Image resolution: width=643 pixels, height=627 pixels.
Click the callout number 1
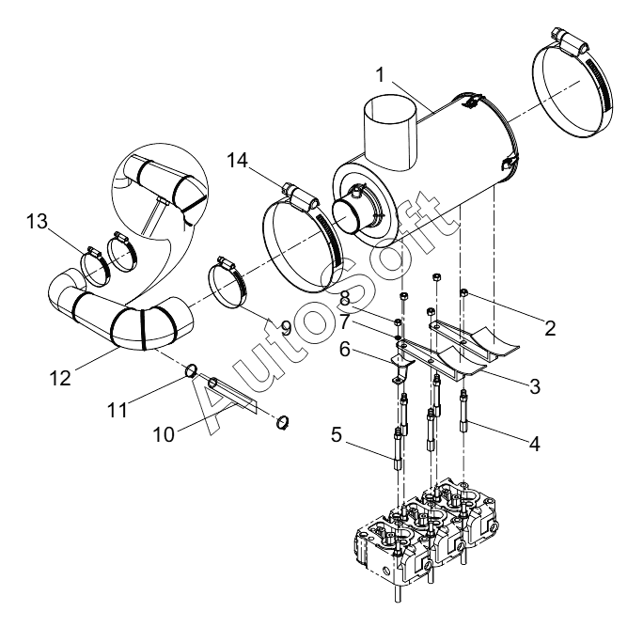381,75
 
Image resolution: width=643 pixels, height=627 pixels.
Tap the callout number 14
238,161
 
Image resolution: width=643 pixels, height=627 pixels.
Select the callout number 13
38,222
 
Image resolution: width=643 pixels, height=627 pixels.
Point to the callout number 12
60,378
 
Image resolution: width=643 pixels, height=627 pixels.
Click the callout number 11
118,410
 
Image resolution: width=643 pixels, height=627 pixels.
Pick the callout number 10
164,434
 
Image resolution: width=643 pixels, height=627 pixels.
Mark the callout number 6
344,351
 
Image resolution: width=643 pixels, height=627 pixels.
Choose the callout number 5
336,435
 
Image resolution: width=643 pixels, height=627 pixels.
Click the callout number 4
534,444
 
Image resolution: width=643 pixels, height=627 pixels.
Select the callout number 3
535,385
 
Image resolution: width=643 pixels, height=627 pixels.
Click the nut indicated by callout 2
464,292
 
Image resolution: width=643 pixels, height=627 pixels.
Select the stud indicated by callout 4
463,411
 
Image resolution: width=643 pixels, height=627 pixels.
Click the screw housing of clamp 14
302,196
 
